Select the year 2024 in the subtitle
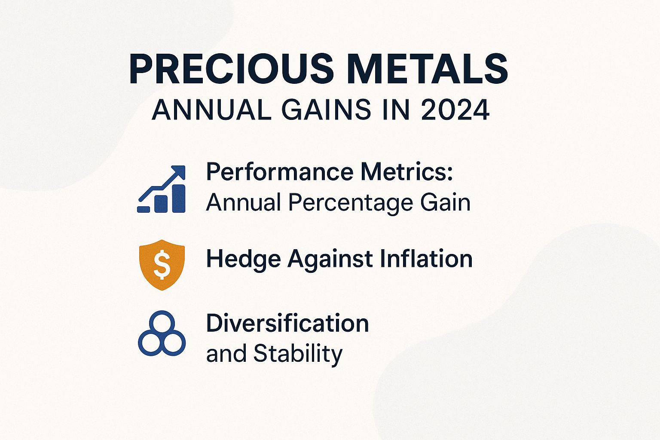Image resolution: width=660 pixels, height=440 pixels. point(455,110)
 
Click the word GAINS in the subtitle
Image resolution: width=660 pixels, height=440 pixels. point(327,110)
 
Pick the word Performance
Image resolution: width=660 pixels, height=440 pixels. point(280,172)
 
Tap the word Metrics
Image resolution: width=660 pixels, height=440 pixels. point(406,171)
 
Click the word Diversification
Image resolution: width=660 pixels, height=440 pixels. point(287,323)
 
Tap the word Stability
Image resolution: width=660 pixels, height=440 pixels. point(298,354)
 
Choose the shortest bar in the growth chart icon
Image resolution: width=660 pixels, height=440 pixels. point(144,209)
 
